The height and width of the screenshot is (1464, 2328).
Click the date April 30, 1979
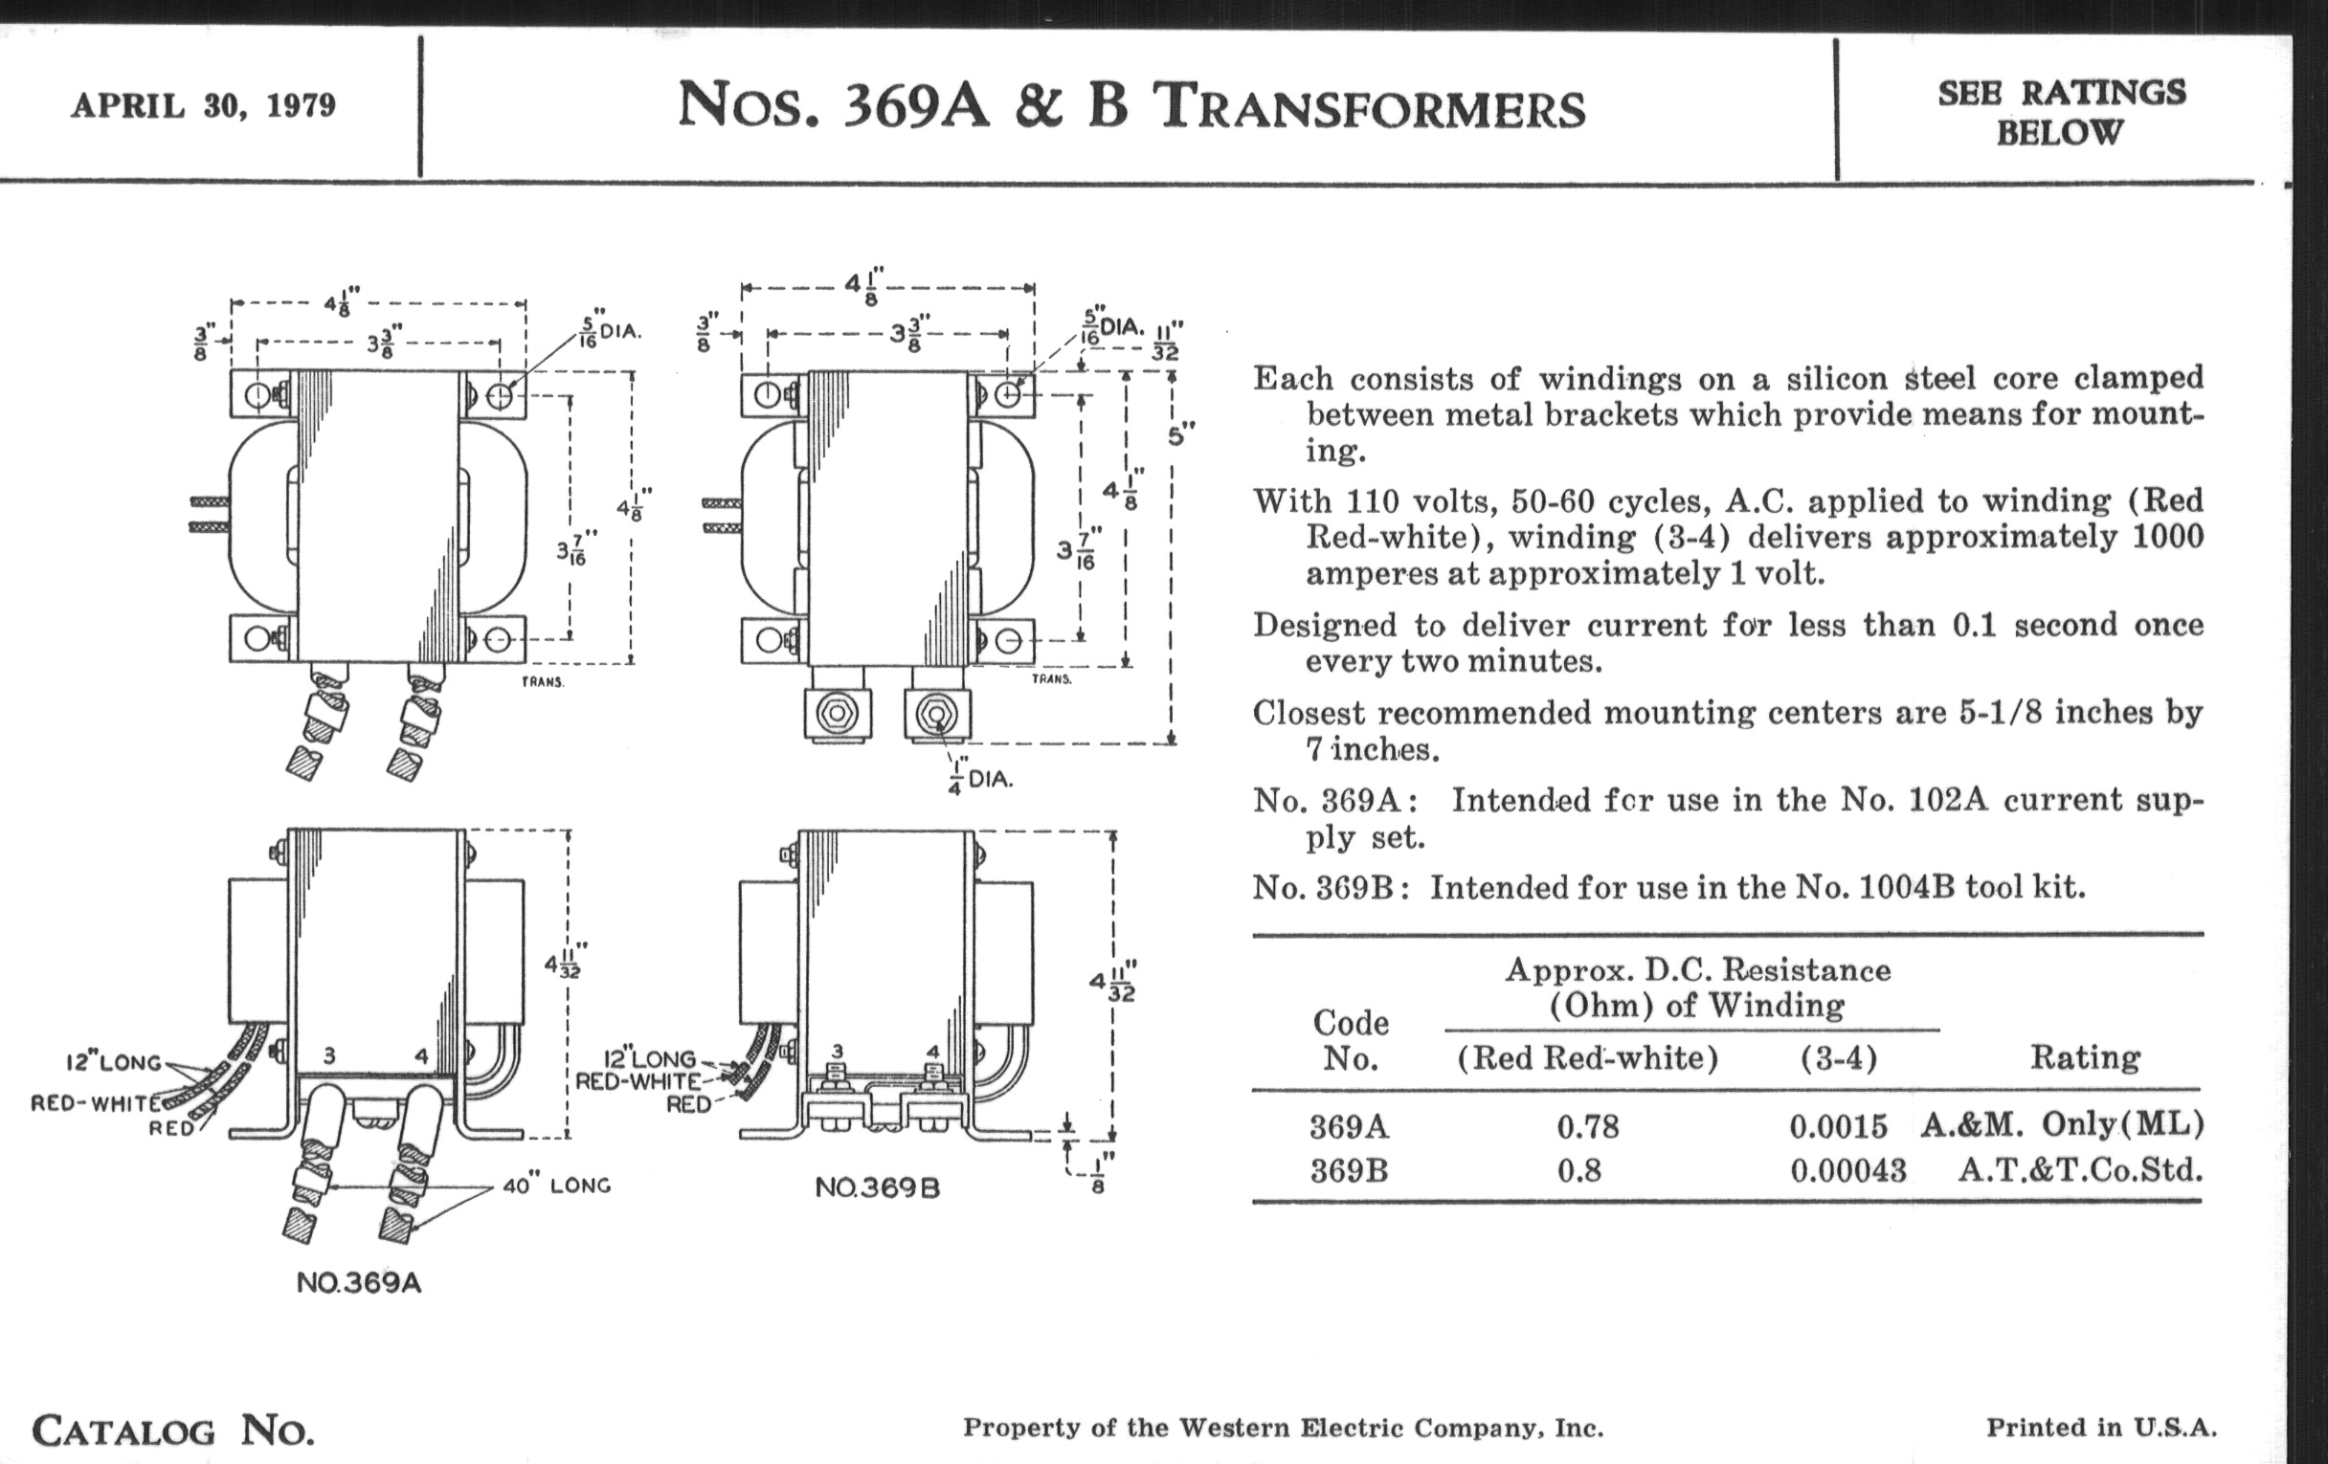click(x=203, y=105)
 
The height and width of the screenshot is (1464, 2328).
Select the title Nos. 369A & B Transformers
click(x=1131, y=105)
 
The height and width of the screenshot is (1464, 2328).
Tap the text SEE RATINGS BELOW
click(x=2061, y=112)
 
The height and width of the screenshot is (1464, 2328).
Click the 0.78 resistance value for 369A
click(x=1588, y=1127)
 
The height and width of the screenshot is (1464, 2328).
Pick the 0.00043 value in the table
click(x=1848, y=1171)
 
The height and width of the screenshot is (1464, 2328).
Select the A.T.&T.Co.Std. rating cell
click(x=2080, y=1170)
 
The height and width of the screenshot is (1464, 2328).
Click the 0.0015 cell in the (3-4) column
click(x=1838, y=1127)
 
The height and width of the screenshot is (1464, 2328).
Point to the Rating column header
click(x=2084, y=1057)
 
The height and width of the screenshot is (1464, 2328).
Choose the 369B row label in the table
click(x=1349, y=1171)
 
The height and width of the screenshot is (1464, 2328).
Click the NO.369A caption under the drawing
click(x=359, y=1283)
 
